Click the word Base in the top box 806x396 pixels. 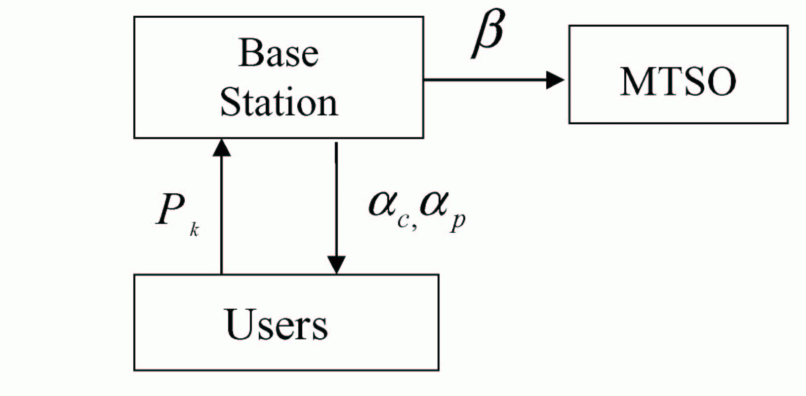(278, 53)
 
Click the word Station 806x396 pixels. (279, 103)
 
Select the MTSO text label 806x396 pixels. (678, 81)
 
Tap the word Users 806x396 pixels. (277, 324)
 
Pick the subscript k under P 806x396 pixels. (194, 230)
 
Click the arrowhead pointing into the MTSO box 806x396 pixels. (555, 79)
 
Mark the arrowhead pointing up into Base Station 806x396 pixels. (221, 147)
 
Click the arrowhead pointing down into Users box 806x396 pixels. (336, 265)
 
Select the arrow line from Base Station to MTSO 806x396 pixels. (484, 79)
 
